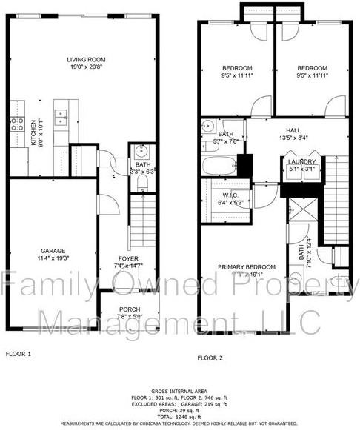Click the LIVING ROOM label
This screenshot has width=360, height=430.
pos(84,61)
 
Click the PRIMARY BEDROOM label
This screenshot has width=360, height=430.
pos(246,266)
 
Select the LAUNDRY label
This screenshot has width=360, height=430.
pos(301,161)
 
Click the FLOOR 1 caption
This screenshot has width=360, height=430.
pos(19,353)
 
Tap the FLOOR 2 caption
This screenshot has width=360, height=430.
pos(210,357)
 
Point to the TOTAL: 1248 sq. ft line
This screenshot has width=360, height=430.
pos(181,417)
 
